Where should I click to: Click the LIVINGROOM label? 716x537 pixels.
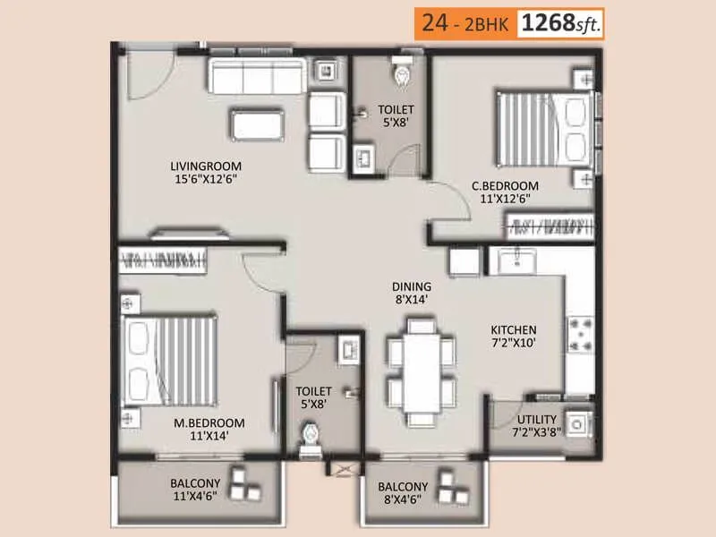(x=207, y=166)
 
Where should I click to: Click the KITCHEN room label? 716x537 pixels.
(x=513, y=329)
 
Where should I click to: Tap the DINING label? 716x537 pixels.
(x=411, y=287)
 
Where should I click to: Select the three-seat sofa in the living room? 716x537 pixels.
(x=257, y=76)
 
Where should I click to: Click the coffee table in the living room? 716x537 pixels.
(x=258, y=124)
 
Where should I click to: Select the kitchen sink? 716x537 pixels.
(x=516, y=261)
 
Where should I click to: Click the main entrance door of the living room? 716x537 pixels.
(x=143, y=76)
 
